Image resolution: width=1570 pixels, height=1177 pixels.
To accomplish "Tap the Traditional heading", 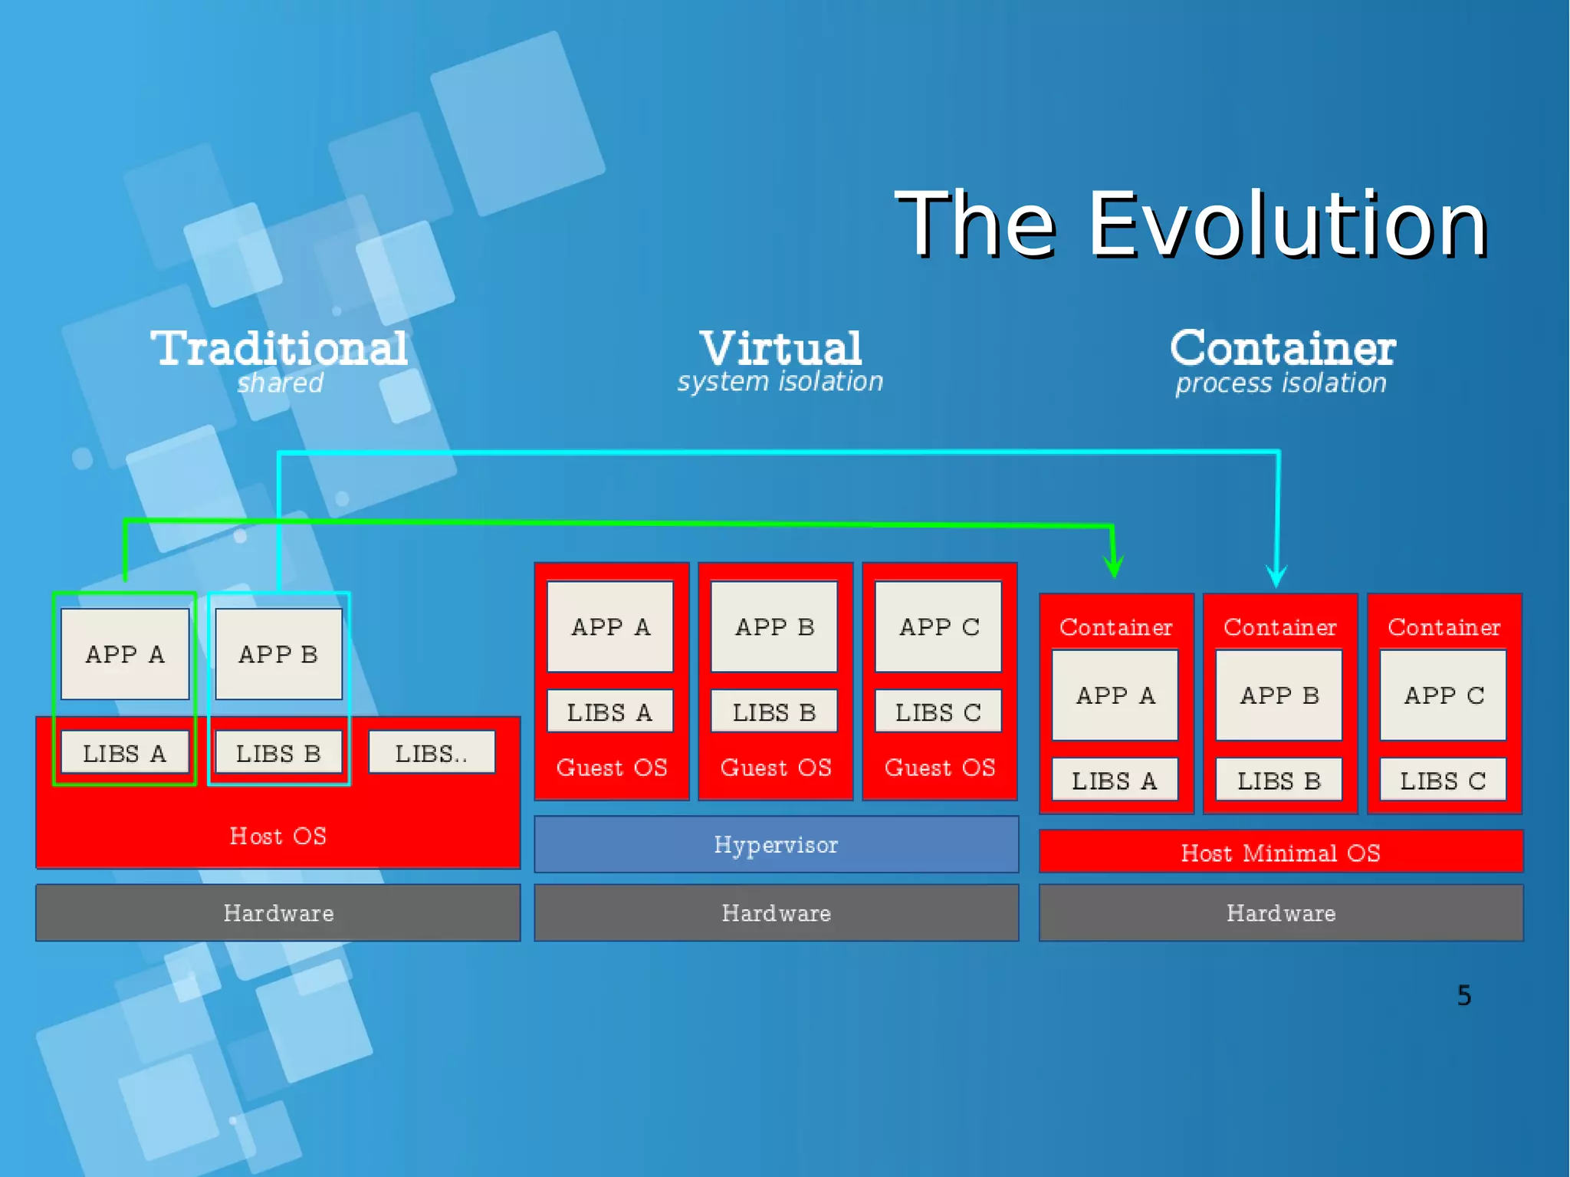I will pos(279,349).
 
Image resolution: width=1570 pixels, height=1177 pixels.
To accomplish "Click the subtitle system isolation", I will pos(780,381).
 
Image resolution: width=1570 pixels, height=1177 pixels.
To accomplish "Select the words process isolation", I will pos(1281,383).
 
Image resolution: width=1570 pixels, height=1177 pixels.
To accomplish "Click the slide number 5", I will pos(1463,995).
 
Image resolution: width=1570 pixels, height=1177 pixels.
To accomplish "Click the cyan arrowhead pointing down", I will pos(1276,576).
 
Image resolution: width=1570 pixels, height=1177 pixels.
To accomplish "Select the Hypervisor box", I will pos(776,844).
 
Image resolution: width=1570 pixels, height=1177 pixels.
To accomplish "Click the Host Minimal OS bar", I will pos(1280,852).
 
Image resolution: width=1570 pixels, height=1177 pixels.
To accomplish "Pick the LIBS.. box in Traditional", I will pos(432,753).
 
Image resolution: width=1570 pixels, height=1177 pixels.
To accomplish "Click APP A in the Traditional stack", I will pos(125,654).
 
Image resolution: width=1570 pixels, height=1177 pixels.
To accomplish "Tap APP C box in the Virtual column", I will pos(938,626).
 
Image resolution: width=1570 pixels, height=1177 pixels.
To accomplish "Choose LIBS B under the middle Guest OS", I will pos(774,712).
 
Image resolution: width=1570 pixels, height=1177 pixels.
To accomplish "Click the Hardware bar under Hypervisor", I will pos(776,912).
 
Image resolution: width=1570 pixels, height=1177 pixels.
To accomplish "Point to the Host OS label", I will pos(278,835).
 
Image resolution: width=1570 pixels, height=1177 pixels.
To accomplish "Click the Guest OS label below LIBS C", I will pos(939,767).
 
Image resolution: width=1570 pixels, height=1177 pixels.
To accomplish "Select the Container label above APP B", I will pos(1279,626).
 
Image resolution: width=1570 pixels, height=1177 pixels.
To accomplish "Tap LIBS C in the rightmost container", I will pos(1443,780).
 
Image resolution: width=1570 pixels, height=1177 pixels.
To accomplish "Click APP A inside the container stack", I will pos(1115,695).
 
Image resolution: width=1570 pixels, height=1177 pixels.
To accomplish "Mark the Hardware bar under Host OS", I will pos(278,912).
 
